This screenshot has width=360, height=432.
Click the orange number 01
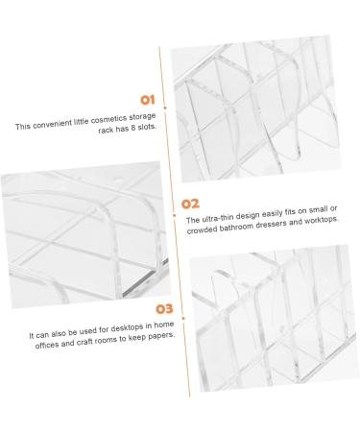[148, 100]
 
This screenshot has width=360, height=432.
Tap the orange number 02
[190, 204]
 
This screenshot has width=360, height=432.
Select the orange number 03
[164, 309]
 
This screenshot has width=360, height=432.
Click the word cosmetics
[108, 119]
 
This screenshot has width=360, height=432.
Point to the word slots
[147, 127]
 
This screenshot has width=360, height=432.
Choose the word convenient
[53, 124]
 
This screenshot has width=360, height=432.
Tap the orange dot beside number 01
[165, 108]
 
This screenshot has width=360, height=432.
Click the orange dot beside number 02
[174, 215]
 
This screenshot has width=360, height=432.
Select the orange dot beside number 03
[183, 319]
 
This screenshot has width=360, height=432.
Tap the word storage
[142, 117]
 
